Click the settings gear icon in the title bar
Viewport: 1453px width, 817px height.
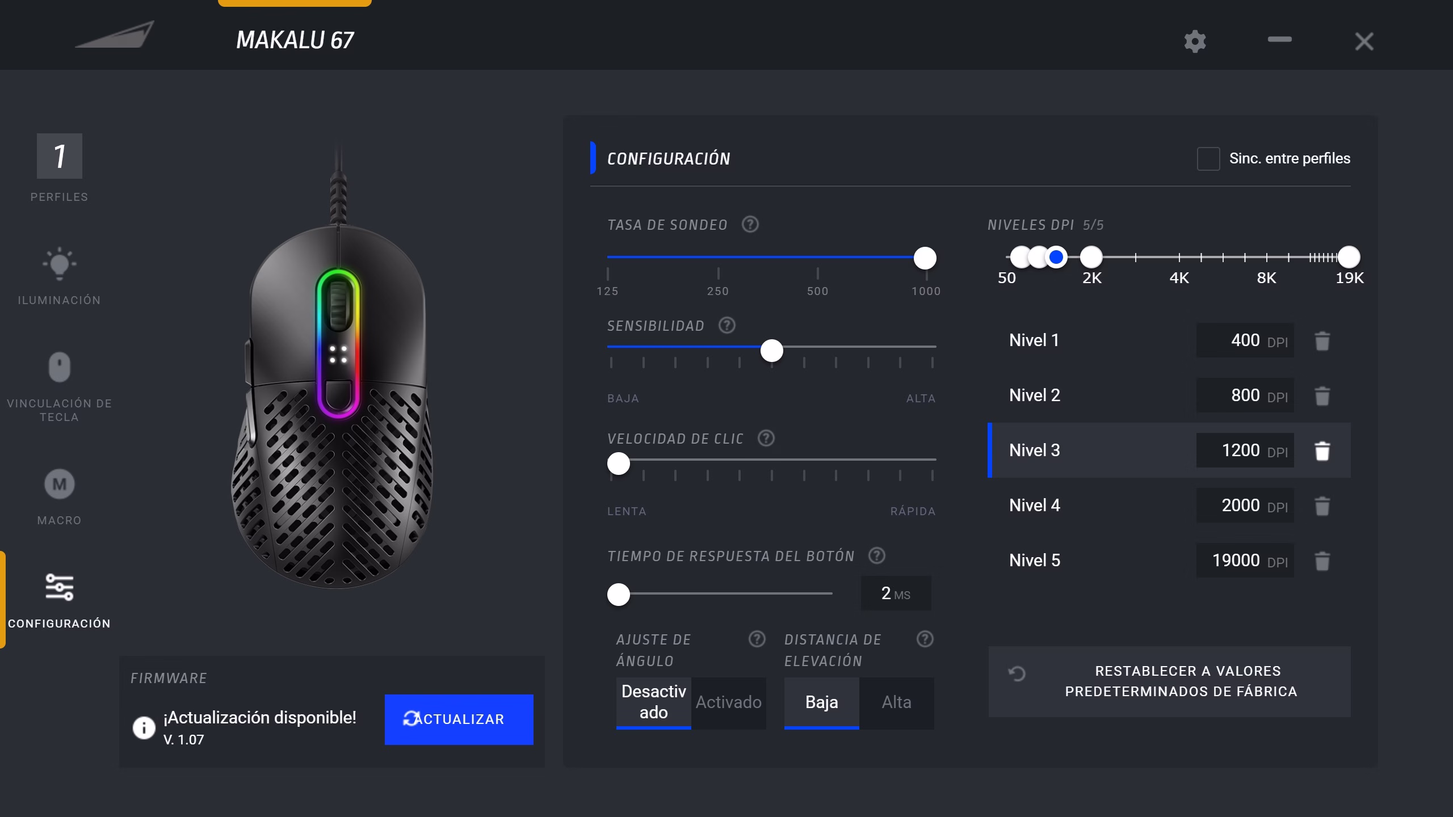[x=1195, y=41]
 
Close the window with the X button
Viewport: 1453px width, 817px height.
[x=1364, y=41]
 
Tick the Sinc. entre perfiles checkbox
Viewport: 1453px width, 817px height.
[x=1208, y=159]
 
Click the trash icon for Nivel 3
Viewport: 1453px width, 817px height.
[x=1322, y=451]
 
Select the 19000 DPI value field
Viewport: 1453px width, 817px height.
[x=1245, y=561]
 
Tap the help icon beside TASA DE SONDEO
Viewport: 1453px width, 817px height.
[x=750, y=225]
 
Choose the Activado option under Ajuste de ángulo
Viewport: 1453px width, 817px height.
[x=729, y=702]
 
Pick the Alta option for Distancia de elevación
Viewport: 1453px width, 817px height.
[x=896, y=702]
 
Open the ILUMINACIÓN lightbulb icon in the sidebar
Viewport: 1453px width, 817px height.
[x=59, y=264]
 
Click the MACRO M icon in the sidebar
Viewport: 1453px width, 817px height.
[x=59, y=484]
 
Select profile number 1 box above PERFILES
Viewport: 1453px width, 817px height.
[x=59, y=156]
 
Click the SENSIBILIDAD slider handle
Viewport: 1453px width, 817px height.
[x=771, y=351]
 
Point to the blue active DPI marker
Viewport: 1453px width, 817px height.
[x=1056, y=257]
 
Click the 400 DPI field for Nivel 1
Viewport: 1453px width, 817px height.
[x=1245, y=340]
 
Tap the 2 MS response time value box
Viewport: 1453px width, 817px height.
[x=896, y=593]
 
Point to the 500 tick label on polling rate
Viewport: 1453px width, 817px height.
[x=817, y=291]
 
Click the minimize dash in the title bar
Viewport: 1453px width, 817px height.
[x=1279, y=39]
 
